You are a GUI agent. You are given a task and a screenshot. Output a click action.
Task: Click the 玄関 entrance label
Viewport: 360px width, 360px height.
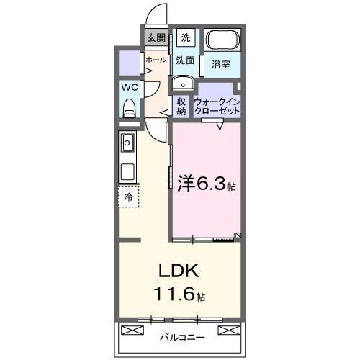(x=156, y=38)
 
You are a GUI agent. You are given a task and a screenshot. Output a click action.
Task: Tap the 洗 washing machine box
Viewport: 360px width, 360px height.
(x=185, y=37)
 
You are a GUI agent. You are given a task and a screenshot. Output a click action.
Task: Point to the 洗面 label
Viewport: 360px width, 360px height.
(x=185, y=61)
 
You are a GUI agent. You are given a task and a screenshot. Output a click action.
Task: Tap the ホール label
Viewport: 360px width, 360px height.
(x=156, y=60)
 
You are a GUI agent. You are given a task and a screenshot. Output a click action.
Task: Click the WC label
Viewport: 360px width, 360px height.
(x=130, y=87)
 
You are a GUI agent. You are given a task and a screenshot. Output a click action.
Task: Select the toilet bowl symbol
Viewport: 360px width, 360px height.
(x=130, y=108)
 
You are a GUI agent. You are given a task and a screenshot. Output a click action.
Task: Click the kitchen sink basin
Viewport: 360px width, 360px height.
(x=128, y=143)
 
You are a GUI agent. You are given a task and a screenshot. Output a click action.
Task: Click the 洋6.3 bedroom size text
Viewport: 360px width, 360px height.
(x=205, y=184)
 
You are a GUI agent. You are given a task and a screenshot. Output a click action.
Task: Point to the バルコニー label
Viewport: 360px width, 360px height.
(x=182, y=336)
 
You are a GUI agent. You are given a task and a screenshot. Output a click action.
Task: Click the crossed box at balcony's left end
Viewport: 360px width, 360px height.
(x=133, y=330)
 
